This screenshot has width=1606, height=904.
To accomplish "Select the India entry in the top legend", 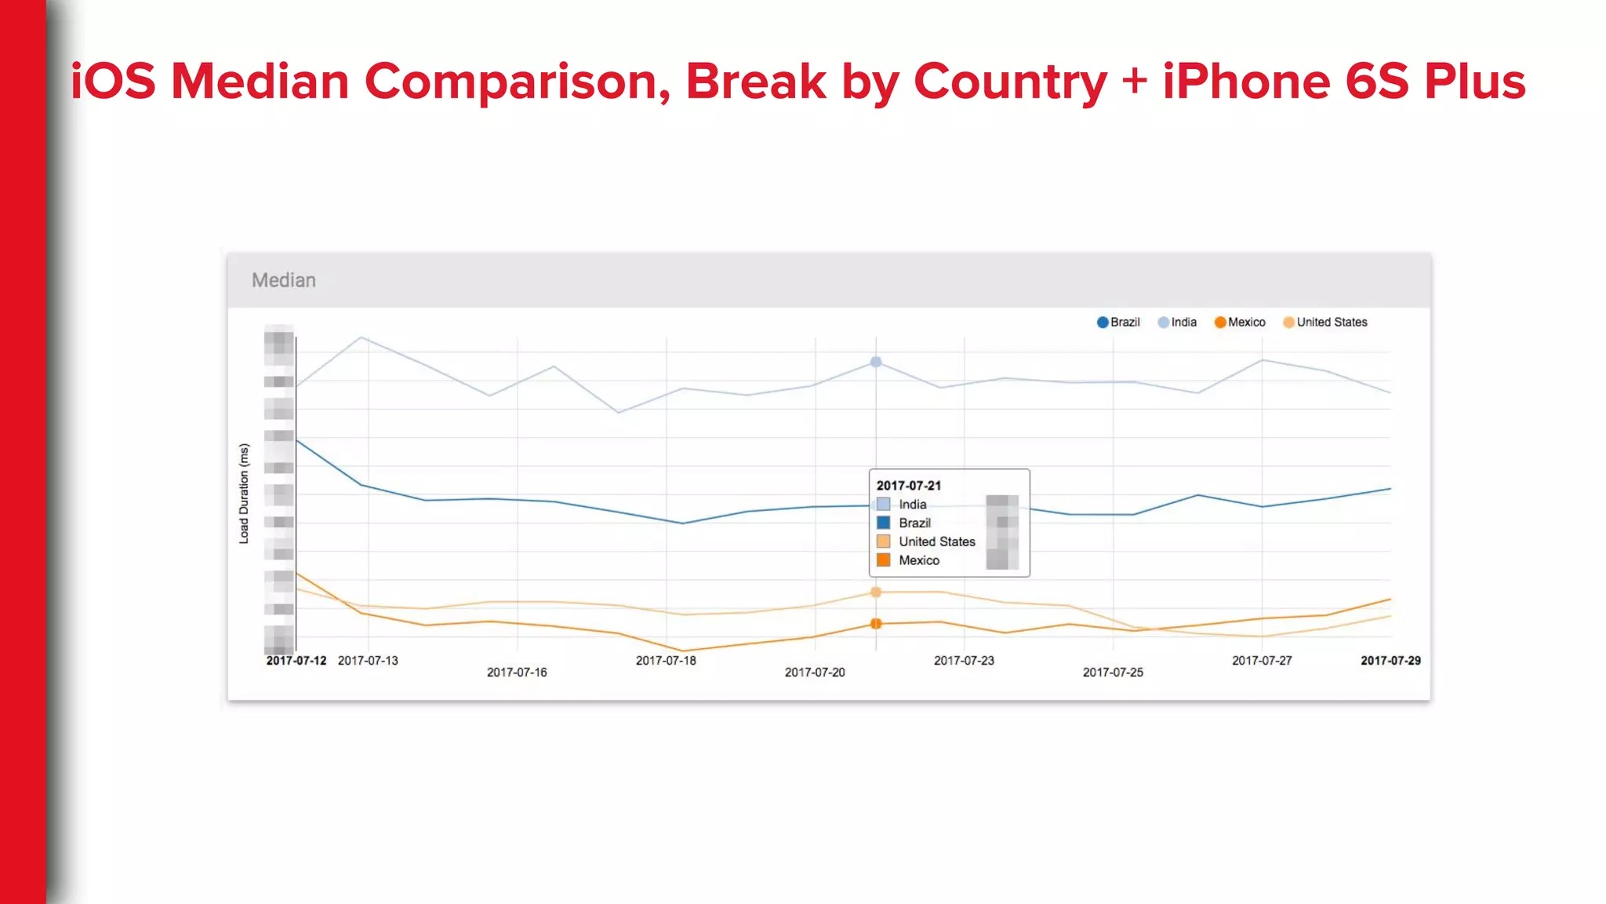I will pyautogui.click(x=1178, y=323).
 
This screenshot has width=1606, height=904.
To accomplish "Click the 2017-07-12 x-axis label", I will pyautogui.click(x=296, y=661).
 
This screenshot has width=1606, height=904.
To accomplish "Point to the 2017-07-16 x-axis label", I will pyautogui.click(x=517, y=673).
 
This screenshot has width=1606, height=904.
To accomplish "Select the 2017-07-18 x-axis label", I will pyautogui.click(x=666, y=661).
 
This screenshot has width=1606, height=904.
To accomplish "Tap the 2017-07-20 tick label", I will pyautogui.click(x=815, y=673).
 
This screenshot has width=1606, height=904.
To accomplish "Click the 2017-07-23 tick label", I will pyautogui.click(x=964, y=661).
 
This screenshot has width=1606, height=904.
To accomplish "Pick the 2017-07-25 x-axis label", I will pyautogui.click(x=1113, y=673).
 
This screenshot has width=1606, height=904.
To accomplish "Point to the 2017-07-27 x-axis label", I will pyautogui.click(x=1262, y=661).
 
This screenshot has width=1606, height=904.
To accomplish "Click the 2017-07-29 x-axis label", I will pyautogui.click(x=1390, y=661).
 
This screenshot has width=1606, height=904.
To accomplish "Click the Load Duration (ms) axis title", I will pyautogui.click(x=244, y=494).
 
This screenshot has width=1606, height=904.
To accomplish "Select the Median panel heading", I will pyautogui.click(x=284, y=280).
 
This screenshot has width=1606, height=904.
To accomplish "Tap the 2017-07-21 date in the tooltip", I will pyautogui.click(x=908, y=486).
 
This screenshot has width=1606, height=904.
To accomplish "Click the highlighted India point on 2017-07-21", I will pyautogui.click(x=876, y=362).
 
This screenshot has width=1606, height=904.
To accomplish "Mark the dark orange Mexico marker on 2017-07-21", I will pyautogui.click(x=876, y=624).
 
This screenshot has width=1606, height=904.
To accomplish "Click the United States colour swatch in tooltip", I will pyautogui.click(x=883, y=541).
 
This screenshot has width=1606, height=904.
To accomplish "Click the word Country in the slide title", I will pyautogui.click(x=1011, y=82).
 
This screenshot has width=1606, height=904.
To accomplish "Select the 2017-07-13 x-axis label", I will pyautogui.click(x=368, y=661).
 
